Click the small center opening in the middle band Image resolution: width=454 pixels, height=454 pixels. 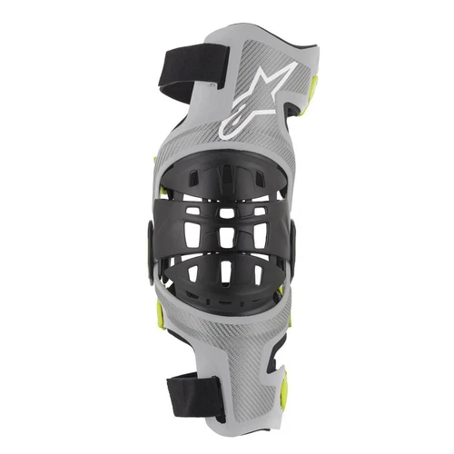pos(224,212)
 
